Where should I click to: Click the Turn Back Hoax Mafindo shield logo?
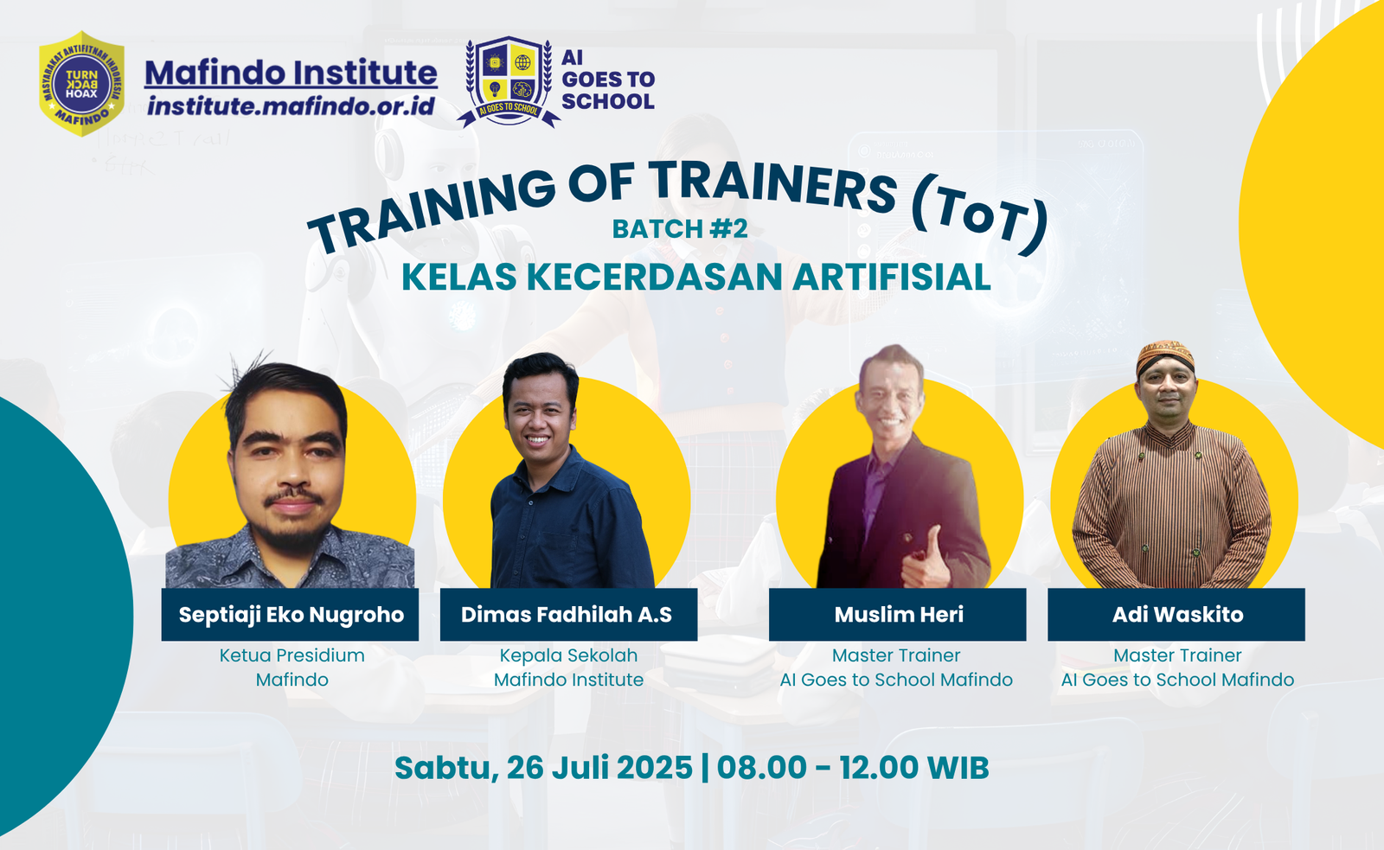pos(81,84)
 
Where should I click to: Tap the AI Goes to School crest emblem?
pos(509,81)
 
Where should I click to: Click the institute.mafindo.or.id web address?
pos(291,106)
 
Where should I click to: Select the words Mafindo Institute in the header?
pos(291,73)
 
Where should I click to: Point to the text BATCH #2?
pos(680,229)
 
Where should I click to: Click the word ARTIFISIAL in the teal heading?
pos(892,278)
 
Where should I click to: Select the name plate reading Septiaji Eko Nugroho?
pos(291,615)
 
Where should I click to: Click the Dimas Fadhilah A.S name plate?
pos(567,615)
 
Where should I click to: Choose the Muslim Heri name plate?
pos(898,615)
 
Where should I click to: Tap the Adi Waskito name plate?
pos(1176,615)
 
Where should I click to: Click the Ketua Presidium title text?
pos(292,655)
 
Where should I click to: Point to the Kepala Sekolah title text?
pos(568,655)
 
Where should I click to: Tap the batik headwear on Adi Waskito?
pos(1165,355)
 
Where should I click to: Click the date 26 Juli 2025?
pos(599,768)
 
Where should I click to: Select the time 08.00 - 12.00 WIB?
pos(853,768)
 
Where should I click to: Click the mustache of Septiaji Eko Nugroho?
pos(293,498)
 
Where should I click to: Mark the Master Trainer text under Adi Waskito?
pos(1177,655)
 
